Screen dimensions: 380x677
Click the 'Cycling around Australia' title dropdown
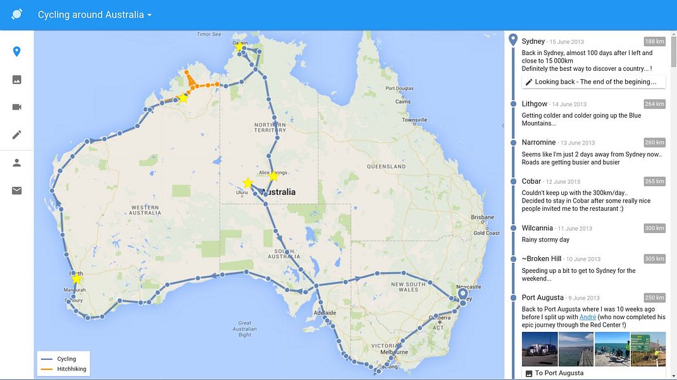[94, 15]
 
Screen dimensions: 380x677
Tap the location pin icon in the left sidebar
[17, 51]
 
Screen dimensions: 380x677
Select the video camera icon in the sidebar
[17, 106]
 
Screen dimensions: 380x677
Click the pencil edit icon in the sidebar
[17, 134]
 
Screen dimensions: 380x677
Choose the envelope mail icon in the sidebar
[17, 190]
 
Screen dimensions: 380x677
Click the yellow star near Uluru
[247, 183]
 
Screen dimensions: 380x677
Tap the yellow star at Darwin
[239, 46]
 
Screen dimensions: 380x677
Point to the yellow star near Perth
[77, 278]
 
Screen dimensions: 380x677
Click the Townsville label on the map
[414, 120]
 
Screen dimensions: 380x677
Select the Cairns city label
[403, 101]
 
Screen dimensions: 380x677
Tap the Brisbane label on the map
[482, 217]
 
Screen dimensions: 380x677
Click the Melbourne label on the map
[394, 351]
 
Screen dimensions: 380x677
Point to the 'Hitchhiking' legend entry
[71, 369]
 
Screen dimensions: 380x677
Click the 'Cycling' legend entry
[66, 359]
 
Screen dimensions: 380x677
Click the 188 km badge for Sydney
[654, 42]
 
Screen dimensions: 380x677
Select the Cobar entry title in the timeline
[531, 181]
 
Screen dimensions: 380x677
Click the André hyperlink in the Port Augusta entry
[588, 317]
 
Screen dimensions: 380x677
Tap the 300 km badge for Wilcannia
[654, 228]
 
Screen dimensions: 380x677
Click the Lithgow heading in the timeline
[535, 104]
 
